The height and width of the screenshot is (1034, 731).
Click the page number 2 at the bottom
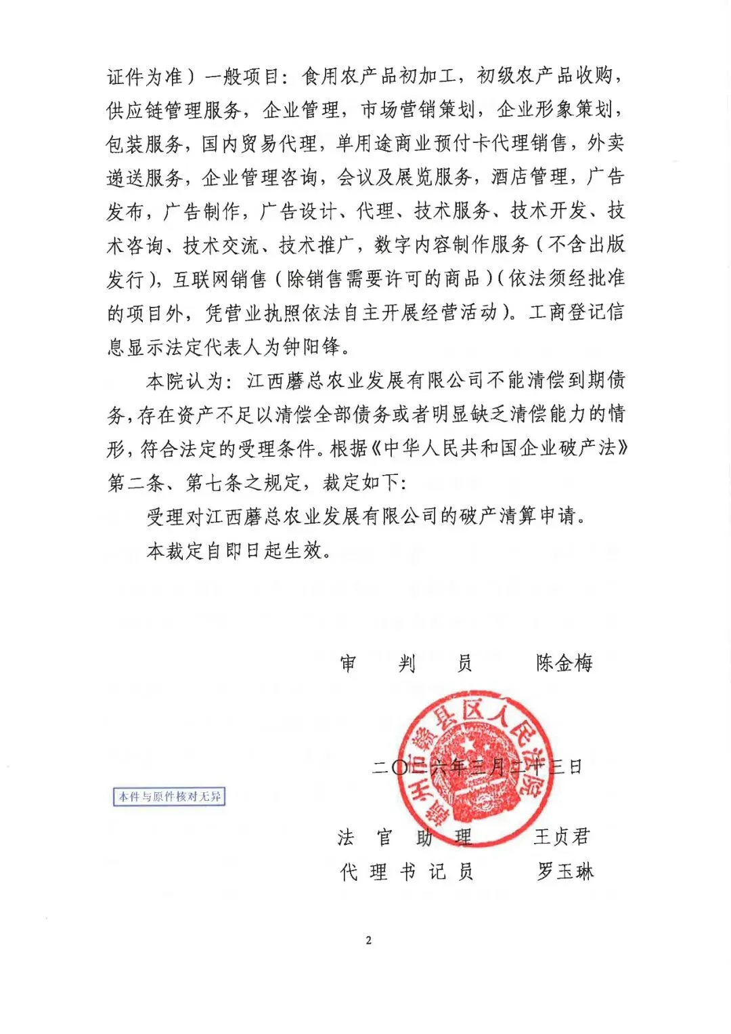point(368,940)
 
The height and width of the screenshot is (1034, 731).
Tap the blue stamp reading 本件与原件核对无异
point(169,796)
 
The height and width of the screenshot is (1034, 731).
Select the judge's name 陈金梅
point(564,663)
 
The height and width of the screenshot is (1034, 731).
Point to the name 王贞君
point(561,837)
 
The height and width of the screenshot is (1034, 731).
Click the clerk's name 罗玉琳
point(564,871)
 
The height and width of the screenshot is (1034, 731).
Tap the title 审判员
point(405,663)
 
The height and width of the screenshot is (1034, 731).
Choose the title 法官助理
point(404,837)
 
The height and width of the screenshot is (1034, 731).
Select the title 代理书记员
point(405,871)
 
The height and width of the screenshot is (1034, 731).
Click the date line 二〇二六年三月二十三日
point(477,767)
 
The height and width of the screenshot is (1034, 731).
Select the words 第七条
point(215,482)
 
